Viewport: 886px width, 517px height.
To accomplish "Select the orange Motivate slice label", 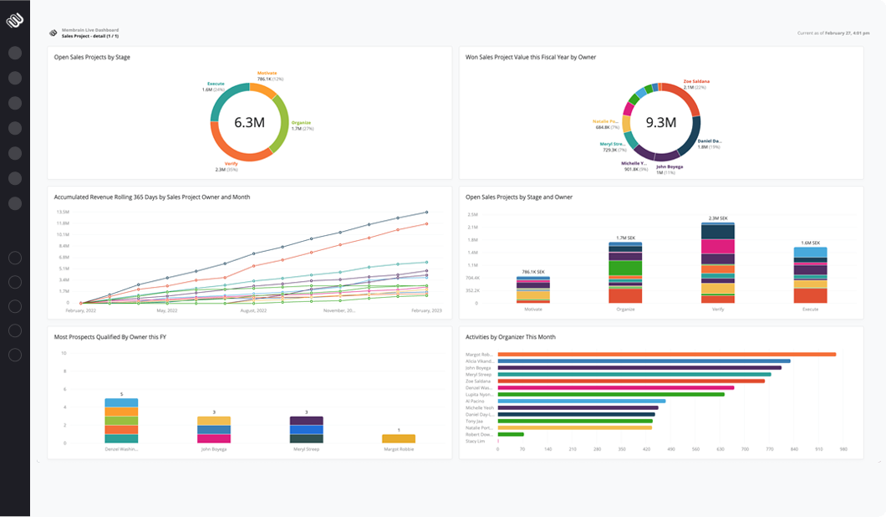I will [x=267, y=74].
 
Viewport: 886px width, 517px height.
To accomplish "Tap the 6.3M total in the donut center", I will [x=249, y=122].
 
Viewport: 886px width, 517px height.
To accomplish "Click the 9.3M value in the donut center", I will [x=660, y=122].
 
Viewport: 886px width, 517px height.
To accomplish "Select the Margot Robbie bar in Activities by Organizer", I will [x=666, y=354].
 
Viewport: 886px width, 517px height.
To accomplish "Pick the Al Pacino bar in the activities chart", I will [x=581, y=401].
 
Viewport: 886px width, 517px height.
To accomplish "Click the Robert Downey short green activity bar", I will [x=511, y=434].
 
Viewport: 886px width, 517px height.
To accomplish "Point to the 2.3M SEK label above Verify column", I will [x=717, y=218].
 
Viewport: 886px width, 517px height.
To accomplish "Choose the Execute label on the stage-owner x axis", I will [x=809, y=309].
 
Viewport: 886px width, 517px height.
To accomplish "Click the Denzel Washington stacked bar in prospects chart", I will [x=121, y=420].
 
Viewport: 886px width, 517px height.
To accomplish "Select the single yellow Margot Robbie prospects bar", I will [x=399, y=438].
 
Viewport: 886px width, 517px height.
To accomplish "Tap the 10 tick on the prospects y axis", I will [x=64, y=353].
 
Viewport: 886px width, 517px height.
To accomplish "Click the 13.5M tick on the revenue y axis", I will [x=63, y=212].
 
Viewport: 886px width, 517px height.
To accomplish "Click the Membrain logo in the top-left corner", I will [x=15, y=19].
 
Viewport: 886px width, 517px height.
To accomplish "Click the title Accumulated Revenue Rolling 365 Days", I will [x=151, y=197].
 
